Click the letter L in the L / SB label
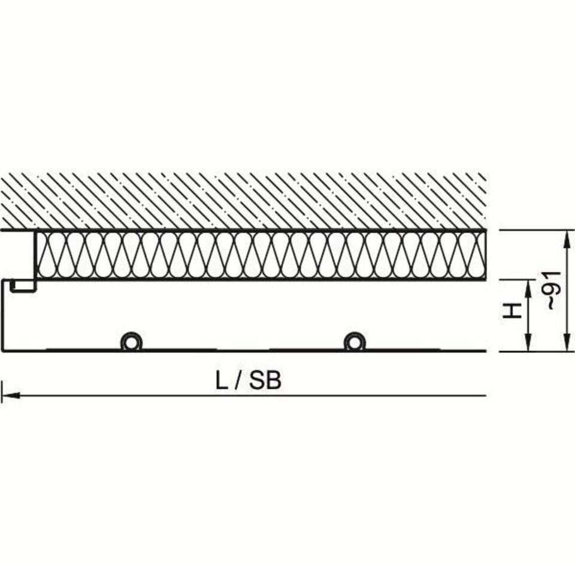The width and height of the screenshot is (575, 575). point(221,381)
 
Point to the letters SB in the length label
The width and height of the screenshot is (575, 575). point(265,381)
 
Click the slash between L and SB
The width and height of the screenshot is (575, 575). point(238,381)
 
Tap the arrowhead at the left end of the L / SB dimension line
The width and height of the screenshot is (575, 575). point(10,396)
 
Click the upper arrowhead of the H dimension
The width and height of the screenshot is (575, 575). point(528,290)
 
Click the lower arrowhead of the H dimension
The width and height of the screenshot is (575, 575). point(528,342)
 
